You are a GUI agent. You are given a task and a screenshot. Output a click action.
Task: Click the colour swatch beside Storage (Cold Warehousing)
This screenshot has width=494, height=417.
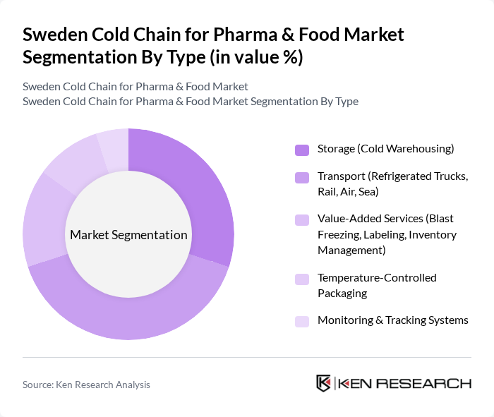(x=302, y=150)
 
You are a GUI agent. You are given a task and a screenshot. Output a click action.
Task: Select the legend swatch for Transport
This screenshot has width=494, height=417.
(x=302, y=177)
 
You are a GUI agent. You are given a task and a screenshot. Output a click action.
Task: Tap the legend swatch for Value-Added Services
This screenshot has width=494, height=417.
(x=302, y=220)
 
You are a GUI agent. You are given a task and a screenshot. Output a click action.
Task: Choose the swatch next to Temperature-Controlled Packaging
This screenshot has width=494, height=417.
(x=302, y=279)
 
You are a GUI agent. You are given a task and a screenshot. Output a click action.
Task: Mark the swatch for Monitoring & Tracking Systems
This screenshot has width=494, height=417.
(x=302, y=321)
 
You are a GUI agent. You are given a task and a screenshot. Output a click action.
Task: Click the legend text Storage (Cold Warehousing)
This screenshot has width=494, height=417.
(x=385, y=149)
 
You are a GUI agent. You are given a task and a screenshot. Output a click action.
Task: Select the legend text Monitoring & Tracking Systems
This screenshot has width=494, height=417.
(x=392, y=320)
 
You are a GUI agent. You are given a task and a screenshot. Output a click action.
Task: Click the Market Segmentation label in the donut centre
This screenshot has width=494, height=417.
(x=128, y=235)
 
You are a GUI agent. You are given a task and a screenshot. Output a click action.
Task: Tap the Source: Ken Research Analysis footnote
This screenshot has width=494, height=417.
(x=86, y=385)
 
